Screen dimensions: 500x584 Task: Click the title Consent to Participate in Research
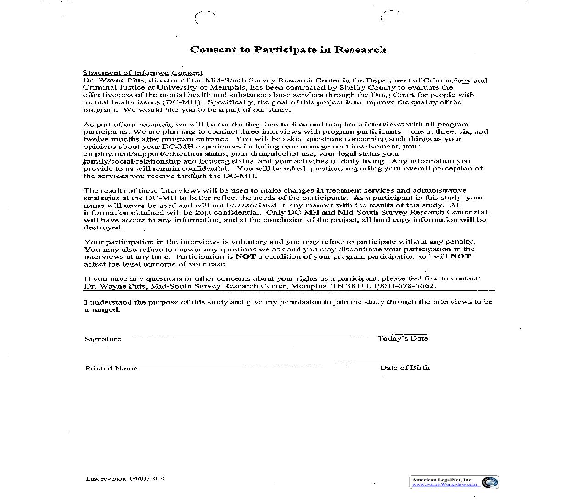coord(288,50)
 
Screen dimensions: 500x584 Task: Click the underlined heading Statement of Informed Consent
coord(142,73)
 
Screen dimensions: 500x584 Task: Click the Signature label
coord(103,339)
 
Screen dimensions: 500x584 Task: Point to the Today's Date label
coord(403,339)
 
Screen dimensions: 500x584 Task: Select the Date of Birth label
coord(404,368)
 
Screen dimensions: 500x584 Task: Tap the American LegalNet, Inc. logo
coord(490,482)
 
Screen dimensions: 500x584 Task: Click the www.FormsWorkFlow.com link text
coord(444,485)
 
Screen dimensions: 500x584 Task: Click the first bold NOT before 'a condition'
coord(245,256)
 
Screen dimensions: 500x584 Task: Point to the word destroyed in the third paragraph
coord(103,227)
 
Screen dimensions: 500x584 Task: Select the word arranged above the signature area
coord(101,310)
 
